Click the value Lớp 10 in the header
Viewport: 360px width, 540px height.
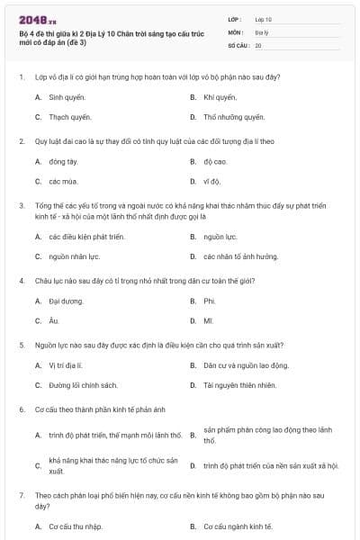263,18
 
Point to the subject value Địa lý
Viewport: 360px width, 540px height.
262,31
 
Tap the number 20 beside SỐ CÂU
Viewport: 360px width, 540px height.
258,44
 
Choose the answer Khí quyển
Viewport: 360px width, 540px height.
220,96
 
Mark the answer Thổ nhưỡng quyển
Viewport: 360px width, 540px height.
233,117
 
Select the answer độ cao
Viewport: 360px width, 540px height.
215,162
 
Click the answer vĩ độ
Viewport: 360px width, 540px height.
212,182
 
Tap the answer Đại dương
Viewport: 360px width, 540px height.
66,301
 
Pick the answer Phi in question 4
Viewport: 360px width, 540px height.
209,301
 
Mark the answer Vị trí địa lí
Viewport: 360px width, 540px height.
66,366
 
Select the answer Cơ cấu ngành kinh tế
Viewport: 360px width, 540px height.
238,526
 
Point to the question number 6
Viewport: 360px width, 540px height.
21,410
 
